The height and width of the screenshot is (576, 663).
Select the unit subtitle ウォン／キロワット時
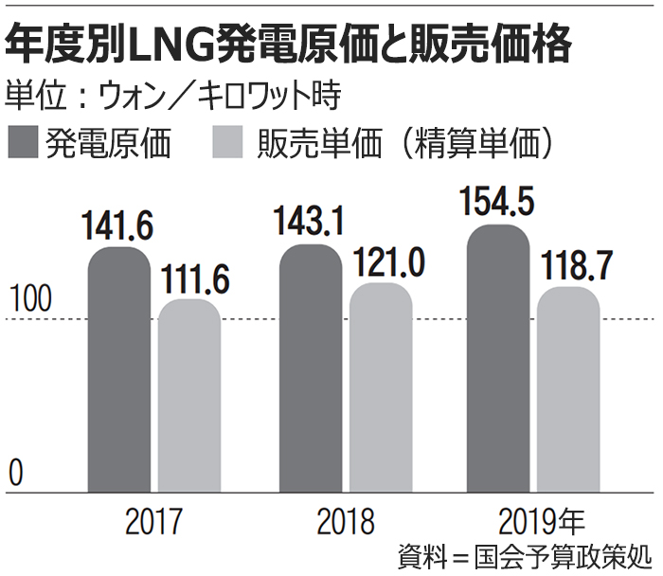click(172, 96)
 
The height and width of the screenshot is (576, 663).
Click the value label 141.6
click(117, 228)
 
